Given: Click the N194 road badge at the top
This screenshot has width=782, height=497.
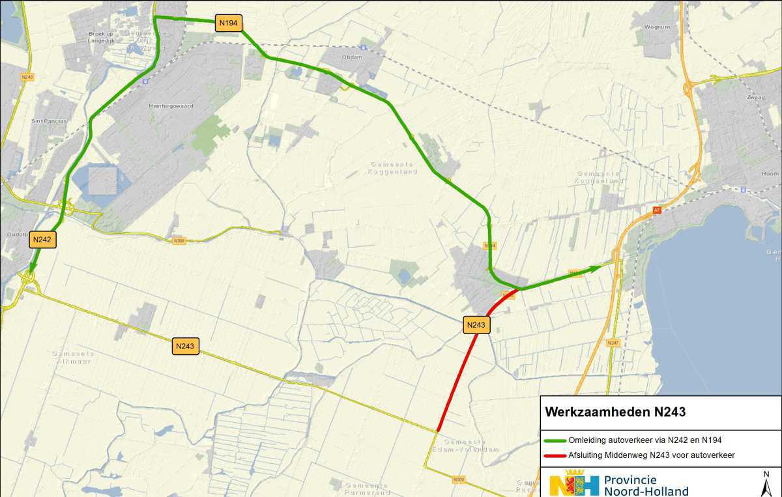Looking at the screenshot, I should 229,23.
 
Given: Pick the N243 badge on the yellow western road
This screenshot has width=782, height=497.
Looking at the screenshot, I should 186,346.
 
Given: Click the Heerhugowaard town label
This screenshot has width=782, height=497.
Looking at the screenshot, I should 171,106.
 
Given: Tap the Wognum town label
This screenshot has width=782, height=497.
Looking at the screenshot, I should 656,27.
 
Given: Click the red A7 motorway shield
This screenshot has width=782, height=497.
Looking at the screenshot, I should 657,210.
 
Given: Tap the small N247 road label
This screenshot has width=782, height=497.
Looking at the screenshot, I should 612,343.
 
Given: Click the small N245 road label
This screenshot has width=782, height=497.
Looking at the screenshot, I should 27,77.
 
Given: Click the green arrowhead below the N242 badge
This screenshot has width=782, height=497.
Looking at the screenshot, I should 32,268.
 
